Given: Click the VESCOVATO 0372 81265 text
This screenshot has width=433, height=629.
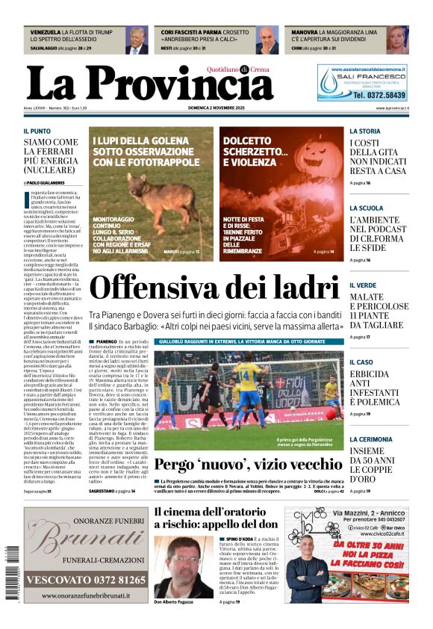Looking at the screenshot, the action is tap(84, 580).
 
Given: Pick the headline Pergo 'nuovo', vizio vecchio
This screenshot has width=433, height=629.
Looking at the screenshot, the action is tap(238, 465).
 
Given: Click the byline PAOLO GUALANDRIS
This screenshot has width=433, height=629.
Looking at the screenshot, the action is tap(46, 182).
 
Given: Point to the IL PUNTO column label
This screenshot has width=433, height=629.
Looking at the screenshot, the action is tap(37, 131).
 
